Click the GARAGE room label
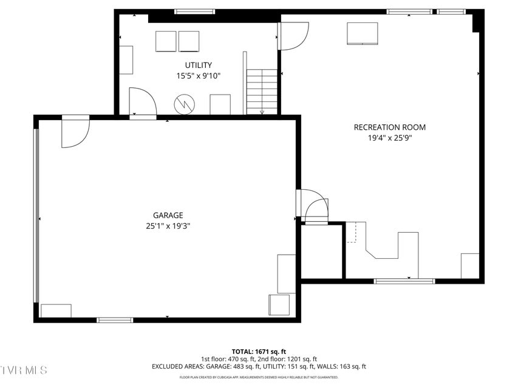click(x=168, y=215)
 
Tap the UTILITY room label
click(x=199, y=65)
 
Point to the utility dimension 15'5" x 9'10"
click(x=199, y=76)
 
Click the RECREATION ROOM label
click(x=389, y=127)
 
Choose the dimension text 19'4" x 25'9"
click(x=389, y=138)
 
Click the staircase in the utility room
click(x=262, y=91)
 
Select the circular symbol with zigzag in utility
click(x=183, y=104)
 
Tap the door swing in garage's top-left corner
click(x=75, y=132)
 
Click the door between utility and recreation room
click(x=293, y=36)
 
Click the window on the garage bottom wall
click(x=115, y=319)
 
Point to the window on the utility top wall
click(x=194, y=12)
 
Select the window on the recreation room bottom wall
click(x=404, y=281)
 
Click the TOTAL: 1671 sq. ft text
click(x=259, y=352)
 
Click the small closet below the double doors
click(x=321, y=252)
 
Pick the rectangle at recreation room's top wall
click(x=362, y=33)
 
